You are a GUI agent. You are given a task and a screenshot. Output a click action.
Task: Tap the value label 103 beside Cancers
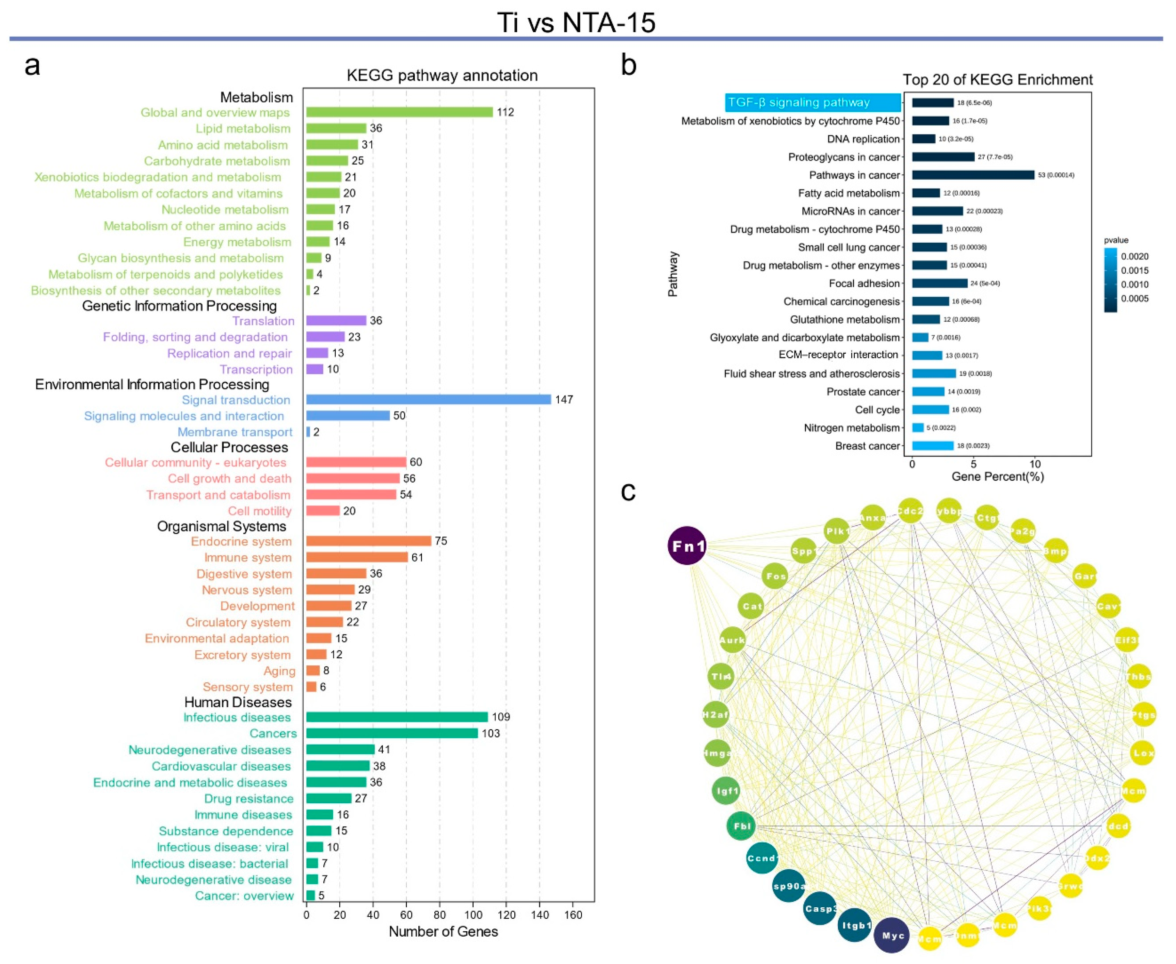coord(491,733)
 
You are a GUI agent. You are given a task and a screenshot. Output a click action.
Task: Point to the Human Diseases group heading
coord(238,702)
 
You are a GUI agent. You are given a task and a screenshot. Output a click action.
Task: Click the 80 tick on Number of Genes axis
coord(440,915)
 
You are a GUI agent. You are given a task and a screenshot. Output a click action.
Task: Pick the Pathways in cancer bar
coord(973,175)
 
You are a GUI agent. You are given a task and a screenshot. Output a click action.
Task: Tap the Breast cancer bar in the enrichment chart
coord(933,446)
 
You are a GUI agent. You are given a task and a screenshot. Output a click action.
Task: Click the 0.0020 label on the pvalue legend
coord(1135,257)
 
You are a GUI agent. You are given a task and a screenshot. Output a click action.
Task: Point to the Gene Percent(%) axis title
coord(998,476)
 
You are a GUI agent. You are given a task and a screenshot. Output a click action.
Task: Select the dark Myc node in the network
coord(892,936)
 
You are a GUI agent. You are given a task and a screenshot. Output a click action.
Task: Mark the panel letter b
coord(629,66)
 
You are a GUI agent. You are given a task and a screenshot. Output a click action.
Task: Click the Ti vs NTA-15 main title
coord(576,23)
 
